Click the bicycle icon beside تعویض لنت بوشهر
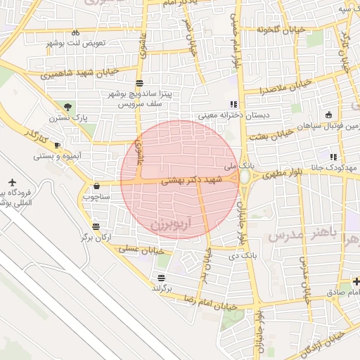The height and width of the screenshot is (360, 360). (x=75, y=33)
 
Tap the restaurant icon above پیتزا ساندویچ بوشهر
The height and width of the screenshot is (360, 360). (x=140, y=82)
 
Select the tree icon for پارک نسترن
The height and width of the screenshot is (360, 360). (x=67, y=107)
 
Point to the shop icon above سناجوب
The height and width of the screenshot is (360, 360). (x=96, y=186)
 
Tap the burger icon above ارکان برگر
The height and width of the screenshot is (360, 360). (x=96, y=226)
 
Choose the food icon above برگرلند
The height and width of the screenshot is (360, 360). (x=162, y=278)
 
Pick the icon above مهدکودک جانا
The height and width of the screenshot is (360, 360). (x=333, y=157)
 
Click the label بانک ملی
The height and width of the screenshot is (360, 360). (x=237, y=167)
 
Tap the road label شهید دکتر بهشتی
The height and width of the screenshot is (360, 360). (x=191, y=180)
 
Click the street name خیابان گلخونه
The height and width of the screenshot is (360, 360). (x=274, y=30)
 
